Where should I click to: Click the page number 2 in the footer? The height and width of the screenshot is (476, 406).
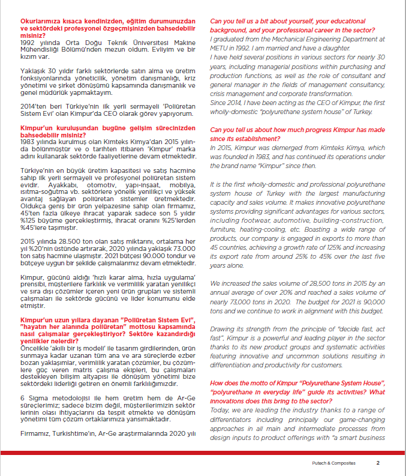(378, 463)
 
